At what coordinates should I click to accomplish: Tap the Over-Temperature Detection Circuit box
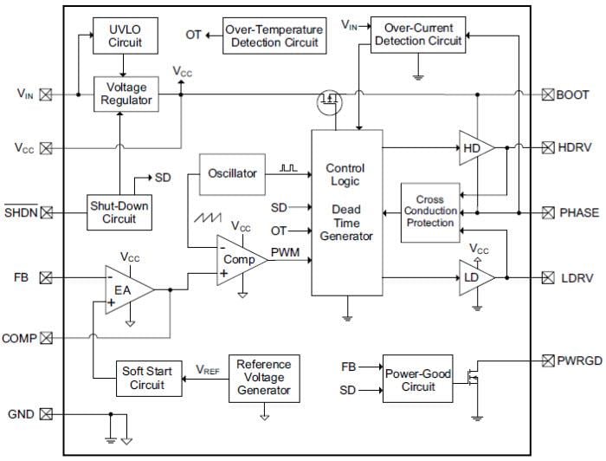click(x=274, y=36)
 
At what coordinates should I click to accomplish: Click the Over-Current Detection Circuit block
click(x=417, y=34)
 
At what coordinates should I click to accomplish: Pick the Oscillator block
click(x=233, y=173)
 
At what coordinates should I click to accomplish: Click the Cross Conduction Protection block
click(x=430, y=212)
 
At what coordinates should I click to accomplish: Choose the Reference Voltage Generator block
click(x=264, y=378)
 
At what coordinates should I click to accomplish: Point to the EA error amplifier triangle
click(x=126, y=291)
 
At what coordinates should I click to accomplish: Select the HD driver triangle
click(x=475, y=148)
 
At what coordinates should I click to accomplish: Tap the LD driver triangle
click(x=475, y=277)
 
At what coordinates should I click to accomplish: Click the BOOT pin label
click(x=572, y=95)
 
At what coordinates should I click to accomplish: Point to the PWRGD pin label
click(x=577, y=360)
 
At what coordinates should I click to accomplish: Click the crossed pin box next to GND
click(x=46, y=414)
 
